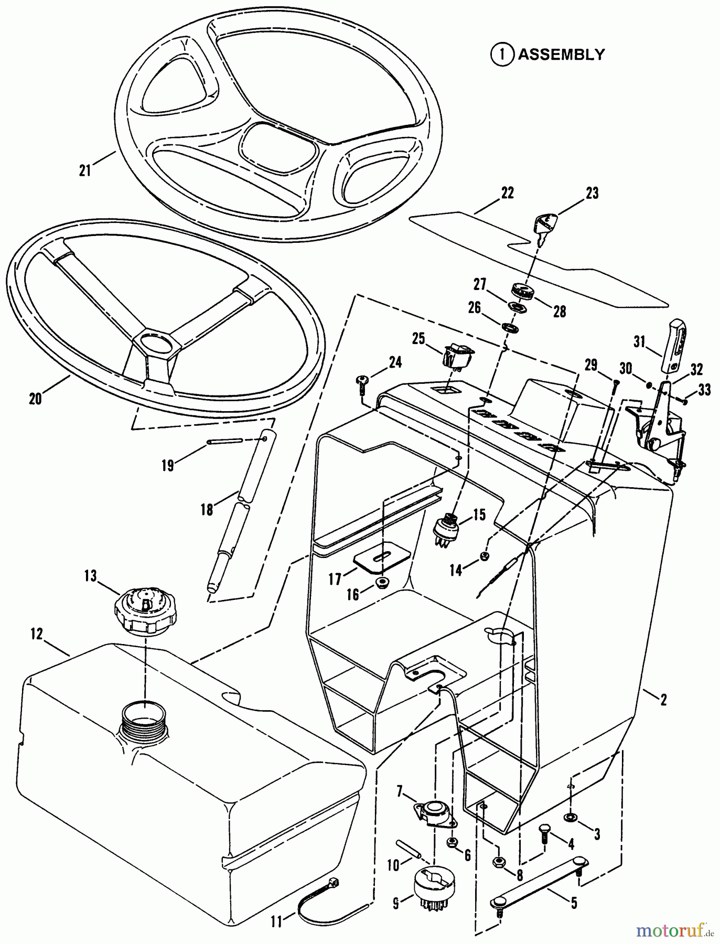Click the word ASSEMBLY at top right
pyautogui.click(x=561, y=55)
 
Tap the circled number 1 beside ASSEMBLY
pyautogui.click(x=502, y=55)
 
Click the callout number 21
pyautogui.click(x=85, y=170)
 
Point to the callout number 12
pyautogui.click(x=36, y=634)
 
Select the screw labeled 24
pyautogui.click(x=362, y=381)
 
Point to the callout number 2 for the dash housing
pyautogui.click(x=663, y=700)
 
